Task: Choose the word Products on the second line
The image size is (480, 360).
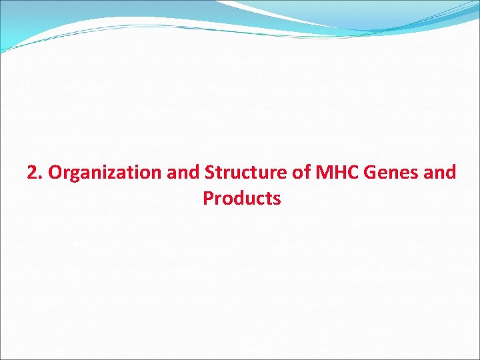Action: click(242, 199)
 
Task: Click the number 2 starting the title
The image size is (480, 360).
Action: click(31, 173)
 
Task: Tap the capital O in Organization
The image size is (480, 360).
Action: click(55, 173)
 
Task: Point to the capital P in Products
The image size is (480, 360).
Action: click(208, 199)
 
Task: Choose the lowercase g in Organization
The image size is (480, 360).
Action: click(73, 175)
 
